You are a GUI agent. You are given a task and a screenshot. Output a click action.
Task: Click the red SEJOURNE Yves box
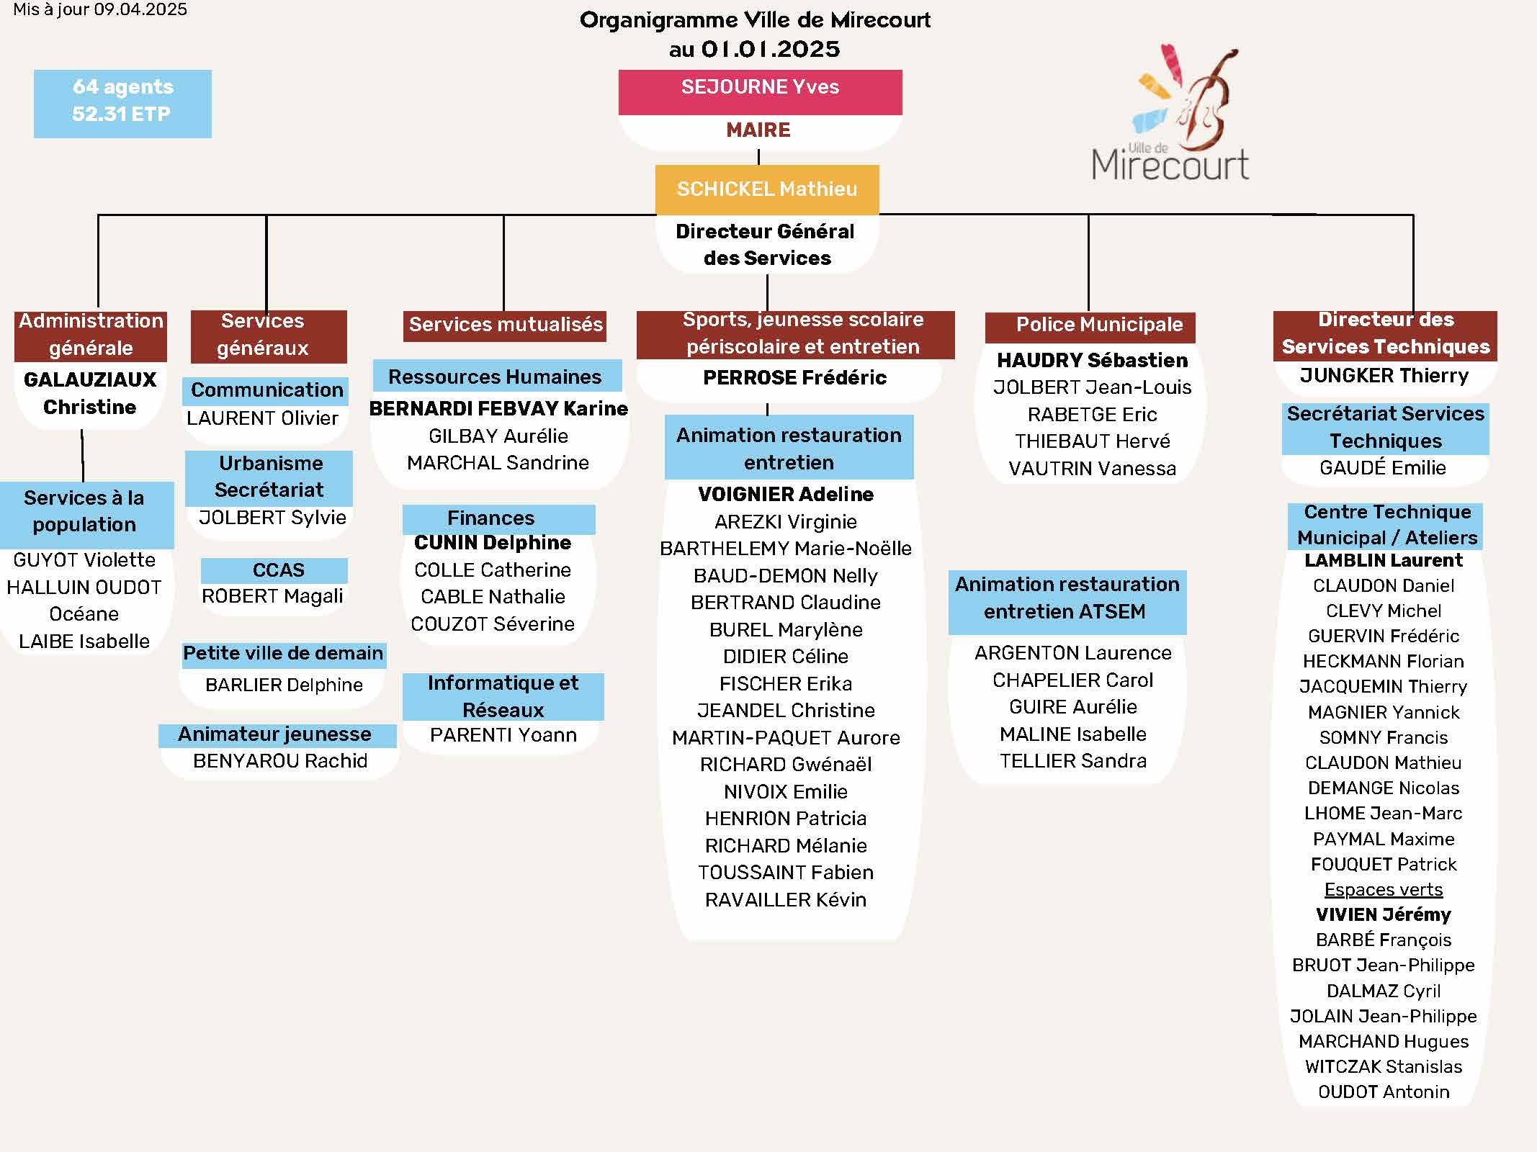coord(760,92)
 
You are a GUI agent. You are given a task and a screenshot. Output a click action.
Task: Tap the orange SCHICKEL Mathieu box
coord(767,189)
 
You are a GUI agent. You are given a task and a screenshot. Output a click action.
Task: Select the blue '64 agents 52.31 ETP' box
coord(122,104)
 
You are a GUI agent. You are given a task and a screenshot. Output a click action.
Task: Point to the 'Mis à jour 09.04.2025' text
coord(100,9)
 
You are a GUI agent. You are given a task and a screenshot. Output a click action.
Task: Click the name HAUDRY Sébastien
coord(1092,360)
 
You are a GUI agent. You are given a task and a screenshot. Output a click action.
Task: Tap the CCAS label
coord(278,570)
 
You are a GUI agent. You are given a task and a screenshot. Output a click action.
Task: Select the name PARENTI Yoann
coord(503,735)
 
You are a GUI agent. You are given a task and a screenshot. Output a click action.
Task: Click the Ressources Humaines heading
coord(495,377)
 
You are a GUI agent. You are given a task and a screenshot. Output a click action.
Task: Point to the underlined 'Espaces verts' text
coord(1384,890)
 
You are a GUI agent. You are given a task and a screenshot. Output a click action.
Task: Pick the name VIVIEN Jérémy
coord(1384,915)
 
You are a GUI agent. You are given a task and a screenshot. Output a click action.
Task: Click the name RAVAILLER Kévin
coord(786,900)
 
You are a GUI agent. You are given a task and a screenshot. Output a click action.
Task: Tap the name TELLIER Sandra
coord(1073,761)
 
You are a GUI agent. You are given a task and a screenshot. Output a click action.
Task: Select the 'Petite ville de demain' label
coord(283,654)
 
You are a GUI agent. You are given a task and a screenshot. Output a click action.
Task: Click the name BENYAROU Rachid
coord(280,761)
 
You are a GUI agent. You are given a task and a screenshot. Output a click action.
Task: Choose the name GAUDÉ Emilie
coord(1383,468)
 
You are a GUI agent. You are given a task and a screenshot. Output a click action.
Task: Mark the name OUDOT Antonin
coord(1384,1092)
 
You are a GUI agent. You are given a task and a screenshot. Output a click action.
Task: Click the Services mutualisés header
coord(506,325)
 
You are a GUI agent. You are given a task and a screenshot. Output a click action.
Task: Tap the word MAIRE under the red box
coord(758,130)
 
